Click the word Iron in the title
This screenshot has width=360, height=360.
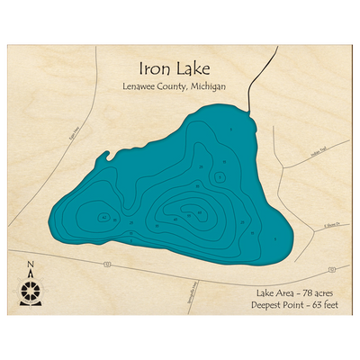[x=153, y=68]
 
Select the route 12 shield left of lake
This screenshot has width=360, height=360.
[x=107, y=264]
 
